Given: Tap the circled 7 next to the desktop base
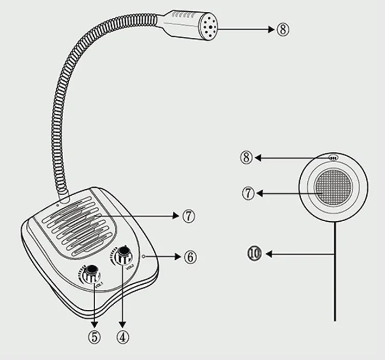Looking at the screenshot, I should tap(188, 217).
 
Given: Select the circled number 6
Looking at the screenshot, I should tap(189, 257).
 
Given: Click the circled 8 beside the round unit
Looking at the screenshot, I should tap(247, 158).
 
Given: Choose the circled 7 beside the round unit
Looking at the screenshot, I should tap(248, 194).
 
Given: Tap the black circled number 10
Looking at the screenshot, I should tap(254, 253).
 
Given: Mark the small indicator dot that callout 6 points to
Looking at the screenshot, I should tap(146, 256).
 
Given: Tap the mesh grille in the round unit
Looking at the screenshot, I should tap(334, 188).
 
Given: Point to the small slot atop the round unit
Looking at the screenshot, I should tap(333, 158).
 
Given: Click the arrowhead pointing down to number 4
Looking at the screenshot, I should tap(122, 325).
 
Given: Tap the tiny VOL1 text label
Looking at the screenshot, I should tap(99, 285).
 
